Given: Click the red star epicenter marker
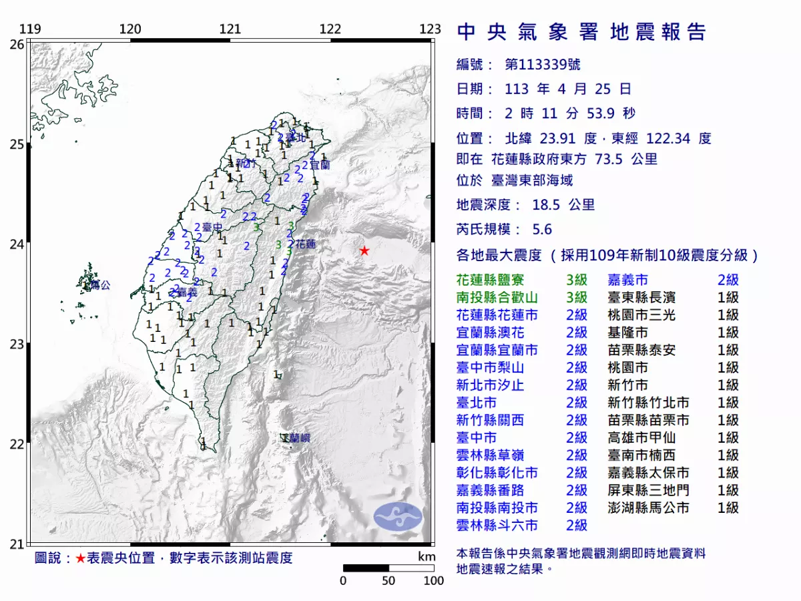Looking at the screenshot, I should click(x=364, y=250).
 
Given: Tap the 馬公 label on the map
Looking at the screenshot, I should click(x=100, y=285).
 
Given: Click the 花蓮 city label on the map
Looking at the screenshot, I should click(x=305, y=244).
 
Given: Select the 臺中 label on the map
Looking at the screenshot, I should click(x=212, y=228).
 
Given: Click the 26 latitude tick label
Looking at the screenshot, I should click(x=17, y=44).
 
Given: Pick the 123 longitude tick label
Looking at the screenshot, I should click(x=431, y=29).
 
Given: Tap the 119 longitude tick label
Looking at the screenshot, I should click(x=29, y=29).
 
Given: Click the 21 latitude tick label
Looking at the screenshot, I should click(x=17, y=544).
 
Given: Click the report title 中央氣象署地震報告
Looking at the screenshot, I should click(x=581, y=32).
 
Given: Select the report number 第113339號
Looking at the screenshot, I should click(x=542, y=65).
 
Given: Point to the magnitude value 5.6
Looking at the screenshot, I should click(x=542, y=229).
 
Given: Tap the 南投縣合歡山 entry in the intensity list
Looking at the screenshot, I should click(x=497, y=298).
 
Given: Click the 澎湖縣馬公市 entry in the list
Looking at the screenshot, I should click(x=648, y=508).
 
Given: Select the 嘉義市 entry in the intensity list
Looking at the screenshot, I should click(x=627, y=280).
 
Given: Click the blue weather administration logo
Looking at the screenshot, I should click(x=398, y=516).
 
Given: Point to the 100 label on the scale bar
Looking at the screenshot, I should click(x=433, y=581).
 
